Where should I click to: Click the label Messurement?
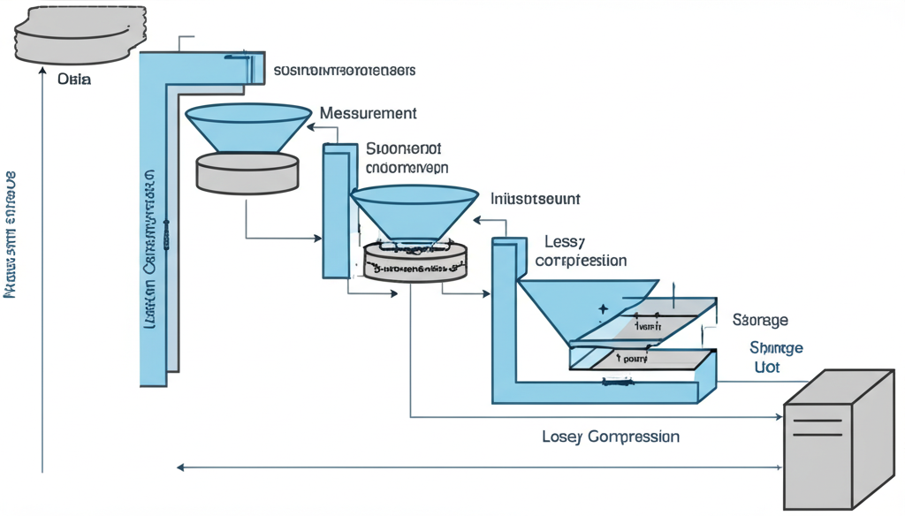pos(368,114)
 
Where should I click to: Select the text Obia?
pos(74,80)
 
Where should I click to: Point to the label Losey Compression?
pos(610,436)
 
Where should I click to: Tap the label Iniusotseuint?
pos(535,200)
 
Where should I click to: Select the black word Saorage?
pos(760,320)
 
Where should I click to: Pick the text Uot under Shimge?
pos(766,367)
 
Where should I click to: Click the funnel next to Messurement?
pos(248,126)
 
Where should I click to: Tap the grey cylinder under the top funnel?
pos(247,172)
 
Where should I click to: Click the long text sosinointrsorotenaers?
pos(345,70)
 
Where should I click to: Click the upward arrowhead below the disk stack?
pos(42,75)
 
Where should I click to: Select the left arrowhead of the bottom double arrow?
pos(180,467)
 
